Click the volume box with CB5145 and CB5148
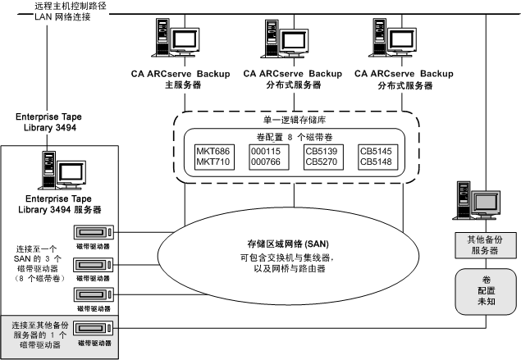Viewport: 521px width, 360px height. [377, 157]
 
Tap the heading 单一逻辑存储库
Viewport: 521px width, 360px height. [294, 121]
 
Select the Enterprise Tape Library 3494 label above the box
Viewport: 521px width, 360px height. [49, 123]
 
